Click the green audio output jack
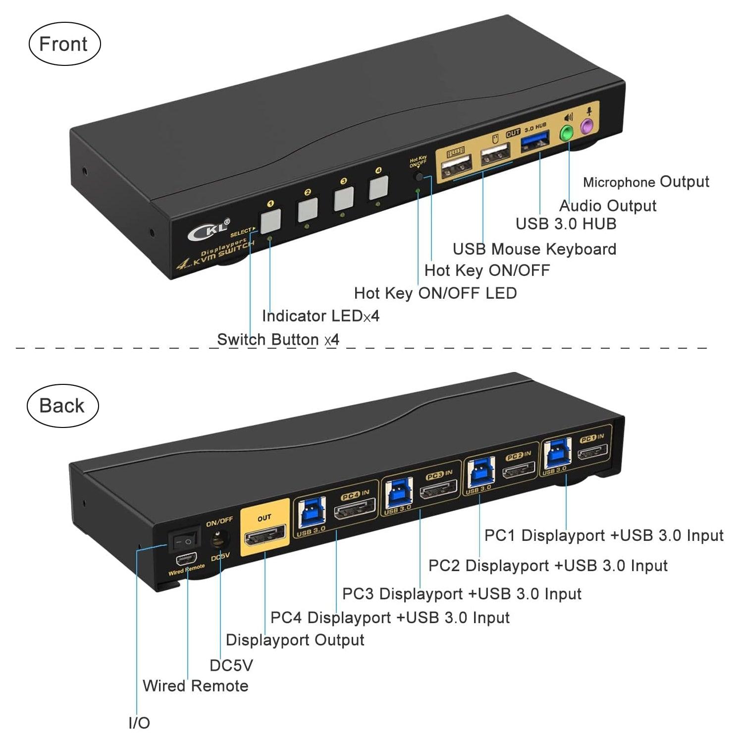click(566, 133)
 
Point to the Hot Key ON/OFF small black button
click(420, 177)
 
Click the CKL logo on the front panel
click(209, 230)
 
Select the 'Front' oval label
click(64, 44)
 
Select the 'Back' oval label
click(62, 406)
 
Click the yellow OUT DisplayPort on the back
click(265, 536)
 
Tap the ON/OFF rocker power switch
click(183, 542)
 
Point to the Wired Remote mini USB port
click(186, 560)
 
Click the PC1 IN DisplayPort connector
click(592, 453)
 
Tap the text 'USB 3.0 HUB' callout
click(566, 224)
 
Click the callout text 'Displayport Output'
click(295, 640)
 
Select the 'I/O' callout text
click(139, 723)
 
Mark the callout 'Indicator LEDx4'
click(320, 316)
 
